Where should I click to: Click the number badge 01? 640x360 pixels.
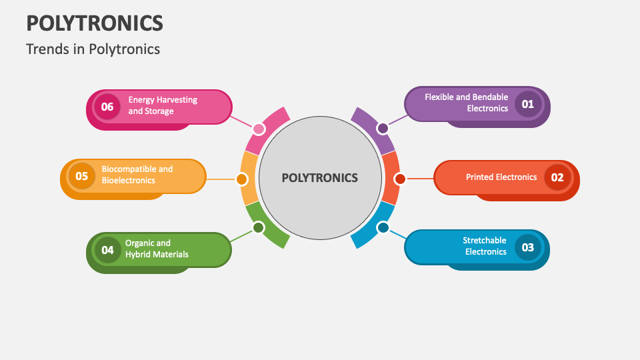tap(527, 104)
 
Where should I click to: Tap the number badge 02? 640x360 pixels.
tap(557, 177)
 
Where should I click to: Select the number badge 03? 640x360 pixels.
tap(527, 247)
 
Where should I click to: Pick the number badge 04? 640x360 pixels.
tap(107, 250)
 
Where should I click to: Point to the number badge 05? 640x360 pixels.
tap(81, 177)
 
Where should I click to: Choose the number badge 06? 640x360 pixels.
tap(107, 107)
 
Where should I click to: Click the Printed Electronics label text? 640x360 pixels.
tap(501, 177)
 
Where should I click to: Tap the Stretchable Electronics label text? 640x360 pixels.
tap(485, 246)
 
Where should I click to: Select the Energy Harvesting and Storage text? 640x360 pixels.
tap(163, 105)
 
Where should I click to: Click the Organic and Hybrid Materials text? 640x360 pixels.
tap(157, 249)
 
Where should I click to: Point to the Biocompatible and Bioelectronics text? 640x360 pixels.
tap(137, 175)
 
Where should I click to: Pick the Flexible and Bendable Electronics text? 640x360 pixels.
tap(466, 103)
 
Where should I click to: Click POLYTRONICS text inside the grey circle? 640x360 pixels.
tap(319, 178)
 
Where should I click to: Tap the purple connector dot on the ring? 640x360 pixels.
tap(383, 128)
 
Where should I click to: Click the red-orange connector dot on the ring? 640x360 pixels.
tap(400, 179)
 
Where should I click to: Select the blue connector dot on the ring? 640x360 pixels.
tap(383, 228)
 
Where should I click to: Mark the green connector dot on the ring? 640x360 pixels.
tap(259, 228)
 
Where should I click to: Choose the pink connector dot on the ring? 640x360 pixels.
tap(259, 129)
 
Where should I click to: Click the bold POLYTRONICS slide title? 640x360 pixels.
tap(94, 23)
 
